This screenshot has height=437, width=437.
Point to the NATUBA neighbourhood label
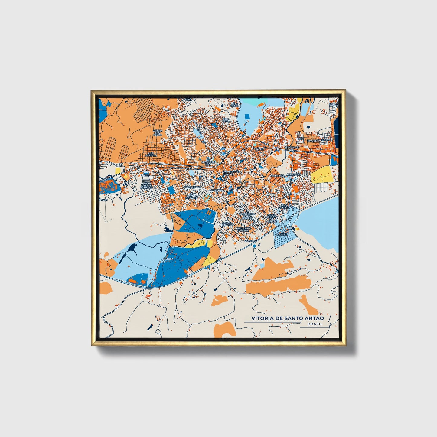(168, 259)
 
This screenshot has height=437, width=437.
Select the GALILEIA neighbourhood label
(282, 234)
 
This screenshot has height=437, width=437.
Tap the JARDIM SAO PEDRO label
(157, 133)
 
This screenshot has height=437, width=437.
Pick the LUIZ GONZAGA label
(151, 154)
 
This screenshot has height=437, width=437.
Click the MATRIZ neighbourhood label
(259, 149)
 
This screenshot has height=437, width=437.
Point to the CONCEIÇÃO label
(292, 147)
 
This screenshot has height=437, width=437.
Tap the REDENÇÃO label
(294, 175)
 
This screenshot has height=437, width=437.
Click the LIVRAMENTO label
(192, 187)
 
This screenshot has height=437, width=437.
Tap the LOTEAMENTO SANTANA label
(243, 229)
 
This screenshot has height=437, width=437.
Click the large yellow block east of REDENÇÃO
(321, 175)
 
